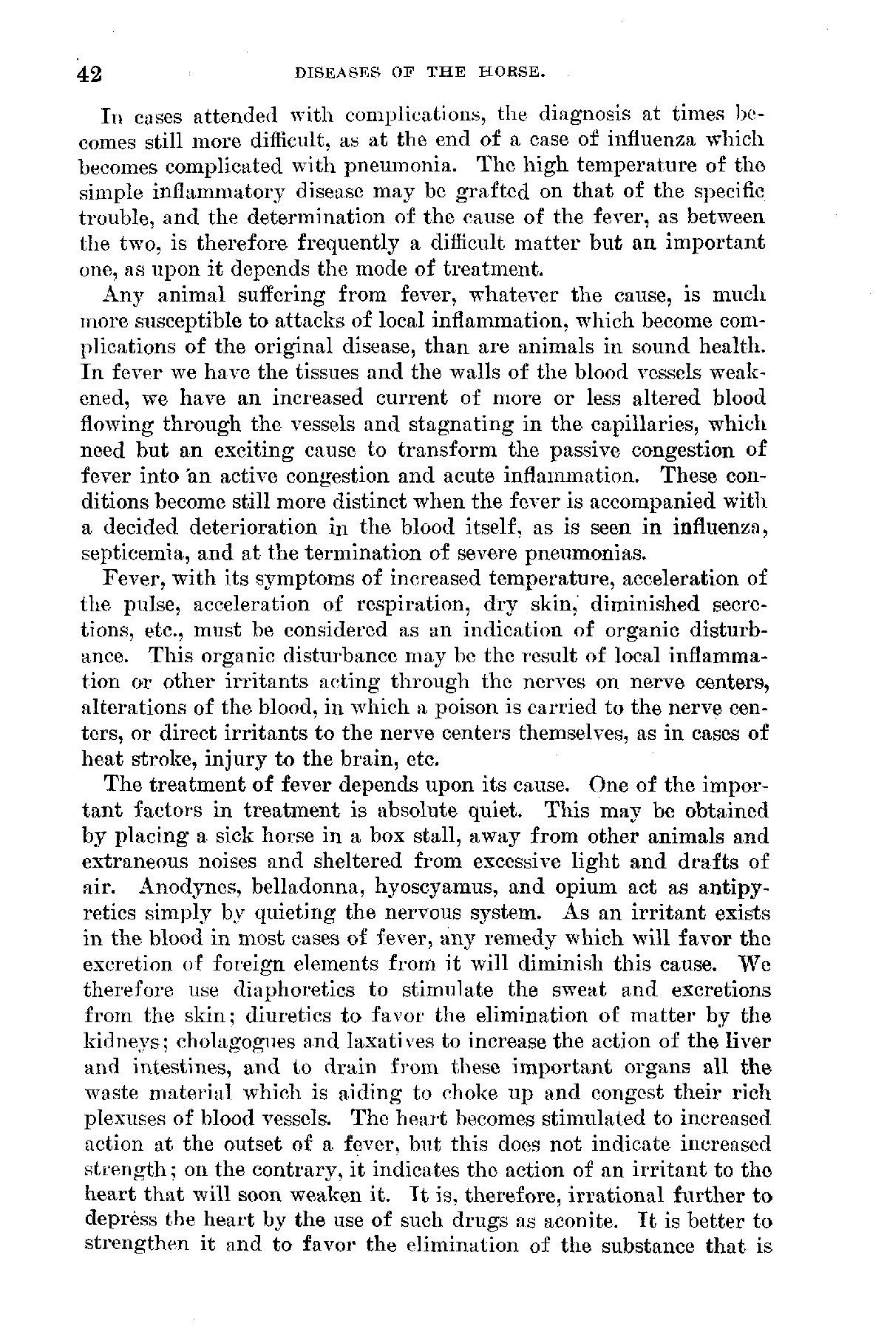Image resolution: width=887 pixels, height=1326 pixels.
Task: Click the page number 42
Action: click(90, 74)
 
